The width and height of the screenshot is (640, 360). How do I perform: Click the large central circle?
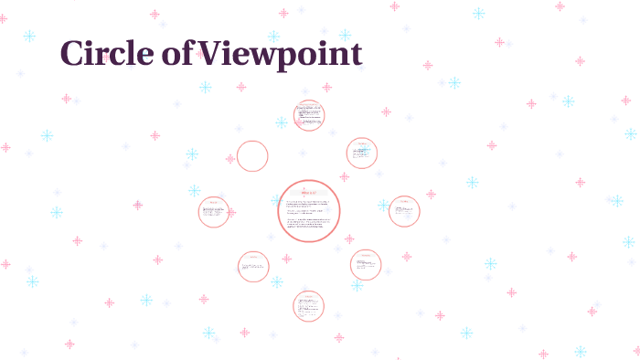click(309, 211)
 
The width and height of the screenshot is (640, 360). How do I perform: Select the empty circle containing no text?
click(252, 156)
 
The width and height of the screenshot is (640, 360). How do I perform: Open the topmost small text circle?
click(310, 115)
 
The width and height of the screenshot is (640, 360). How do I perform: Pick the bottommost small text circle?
click(309, 306)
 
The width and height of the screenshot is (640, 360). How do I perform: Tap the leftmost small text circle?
click(214, 212)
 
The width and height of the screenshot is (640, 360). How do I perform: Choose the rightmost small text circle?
click(404, 211)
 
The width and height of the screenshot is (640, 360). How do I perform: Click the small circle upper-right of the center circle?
click(362, 154)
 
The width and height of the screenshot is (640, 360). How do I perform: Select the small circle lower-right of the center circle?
click(366, 265)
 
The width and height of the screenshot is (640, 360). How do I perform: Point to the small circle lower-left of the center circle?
click(253, 267)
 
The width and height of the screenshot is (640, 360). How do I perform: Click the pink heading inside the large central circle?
click(309, 194)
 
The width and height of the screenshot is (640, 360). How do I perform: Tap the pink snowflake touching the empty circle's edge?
click(230, 159)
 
